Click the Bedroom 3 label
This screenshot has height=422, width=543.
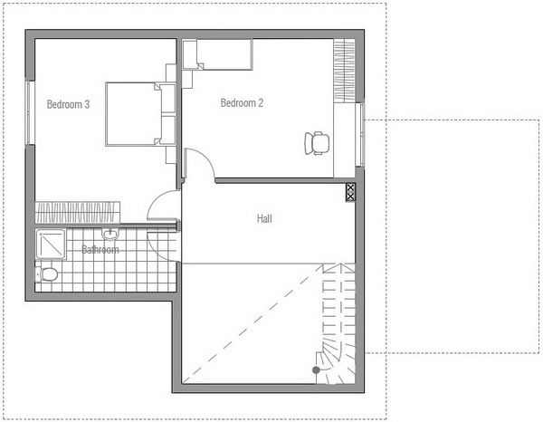pos(68,104)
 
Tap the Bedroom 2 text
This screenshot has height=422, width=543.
pos(242,103)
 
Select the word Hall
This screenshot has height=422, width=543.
pos(264,218)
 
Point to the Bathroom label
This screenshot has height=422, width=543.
pos(100,249)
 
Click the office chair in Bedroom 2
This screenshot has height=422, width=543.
pos(317,143)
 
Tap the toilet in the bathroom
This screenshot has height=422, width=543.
pos(47,274)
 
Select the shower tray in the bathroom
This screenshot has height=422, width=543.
pos(50,245)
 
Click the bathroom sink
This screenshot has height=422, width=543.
pos(110,234)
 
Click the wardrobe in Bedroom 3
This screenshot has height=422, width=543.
pos(78,213)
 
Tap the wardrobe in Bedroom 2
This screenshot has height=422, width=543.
pos(344,71)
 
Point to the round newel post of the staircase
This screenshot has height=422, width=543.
pos(316,370)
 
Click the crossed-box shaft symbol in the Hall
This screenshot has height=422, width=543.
pos(350,192)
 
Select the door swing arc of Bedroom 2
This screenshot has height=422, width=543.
pos(207,158)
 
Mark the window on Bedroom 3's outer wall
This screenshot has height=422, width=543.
pos(30,112)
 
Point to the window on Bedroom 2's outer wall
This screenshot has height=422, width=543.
pos(360,134)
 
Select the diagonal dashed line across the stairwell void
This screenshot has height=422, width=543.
pos(252,323)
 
